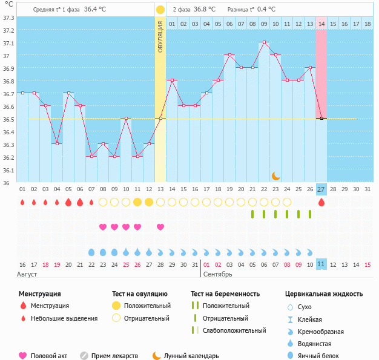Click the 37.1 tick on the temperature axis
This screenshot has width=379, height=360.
pos(8,44)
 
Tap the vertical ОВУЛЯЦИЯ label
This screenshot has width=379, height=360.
pos(160,36)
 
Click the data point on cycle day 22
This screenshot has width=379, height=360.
pos(264,42)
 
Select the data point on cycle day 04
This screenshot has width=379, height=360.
pos(57,143)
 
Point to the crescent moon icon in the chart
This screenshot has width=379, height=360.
pos(276,175)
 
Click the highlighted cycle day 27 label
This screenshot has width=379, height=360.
pos(321,189)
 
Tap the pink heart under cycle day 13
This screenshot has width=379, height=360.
pos(160,227)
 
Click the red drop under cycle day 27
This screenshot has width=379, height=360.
pos(321,202)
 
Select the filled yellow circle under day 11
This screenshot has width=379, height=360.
pos(137,202)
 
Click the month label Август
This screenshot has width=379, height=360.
pos(28,275)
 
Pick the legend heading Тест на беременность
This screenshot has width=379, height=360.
pos(225,294)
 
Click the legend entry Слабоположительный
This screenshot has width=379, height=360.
pos(235,330)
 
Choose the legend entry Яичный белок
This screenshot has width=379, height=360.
pos(323,356)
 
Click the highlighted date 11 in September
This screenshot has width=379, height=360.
pos(321,264)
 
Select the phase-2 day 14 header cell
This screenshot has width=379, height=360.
pos(321,24)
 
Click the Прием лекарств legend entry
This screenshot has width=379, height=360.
pos(114,356)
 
